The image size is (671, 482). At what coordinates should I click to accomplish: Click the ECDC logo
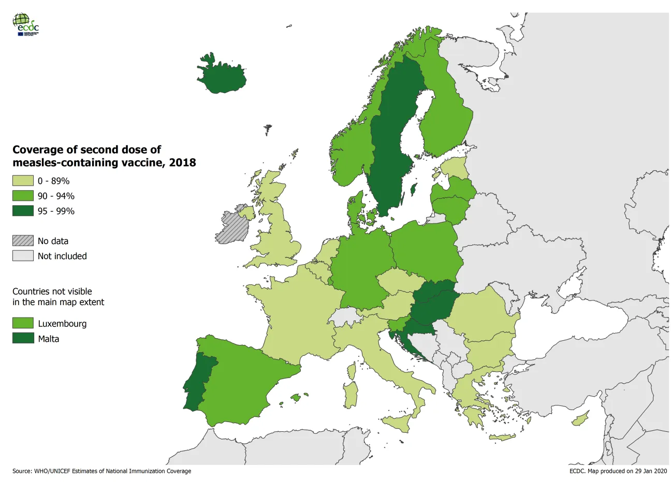click(x=26, y=24)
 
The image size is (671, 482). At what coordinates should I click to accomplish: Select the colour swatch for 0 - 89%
click(x=23, y=181)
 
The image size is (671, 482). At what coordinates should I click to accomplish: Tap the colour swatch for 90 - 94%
click(x=23, y=196)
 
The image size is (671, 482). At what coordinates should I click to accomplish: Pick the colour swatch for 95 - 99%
click(x=23, y=211)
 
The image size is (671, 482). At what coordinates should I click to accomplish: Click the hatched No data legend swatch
click(x=23, y=241)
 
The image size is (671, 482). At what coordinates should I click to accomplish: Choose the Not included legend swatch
click(x=23, y=256)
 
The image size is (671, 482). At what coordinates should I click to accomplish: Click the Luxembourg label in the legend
click(x=62, y=324)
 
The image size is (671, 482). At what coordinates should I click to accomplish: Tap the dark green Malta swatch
click(x=23, y=339)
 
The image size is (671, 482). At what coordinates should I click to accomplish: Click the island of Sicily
click(x=398, y=424)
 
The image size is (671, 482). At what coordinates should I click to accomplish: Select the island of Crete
click(x=502, y=438)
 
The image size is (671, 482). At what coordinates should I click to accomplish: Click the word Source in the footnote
click(x=22, y=471)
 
